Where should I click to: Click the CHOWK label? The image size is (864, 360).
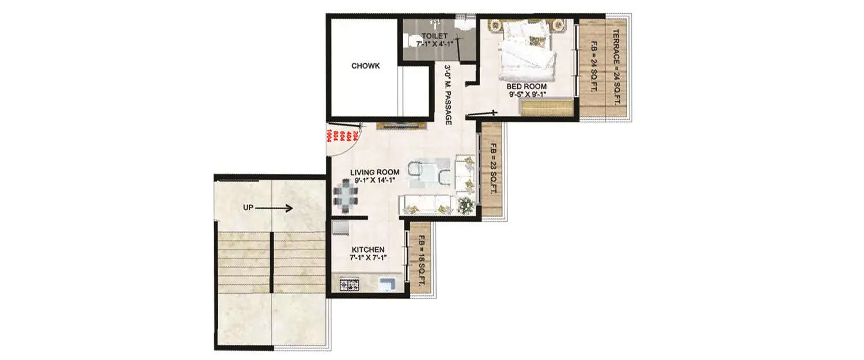[365, 66]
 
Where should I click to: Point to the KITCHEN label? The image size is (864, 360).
[368, 249]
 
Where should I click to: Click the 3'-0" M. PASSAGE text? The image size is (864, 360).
[447, 94]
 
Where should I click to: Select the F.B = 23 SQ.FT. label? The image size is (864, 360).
[492, 170]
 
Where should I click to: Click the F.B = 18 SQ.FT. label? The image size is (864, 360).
[422, 261]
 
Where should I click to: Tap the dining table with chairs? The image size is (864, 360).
[345, 193]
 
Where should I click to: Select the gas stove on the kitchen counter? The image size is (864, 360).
[349, 286]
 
